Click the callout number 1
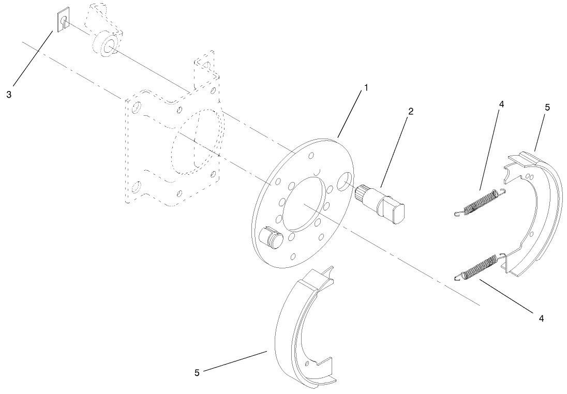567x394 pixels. tap(366, 88)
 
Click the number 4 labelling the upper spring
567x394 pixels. tap(501, 104)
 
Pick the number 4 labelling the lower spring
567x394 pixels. tap(541, 319)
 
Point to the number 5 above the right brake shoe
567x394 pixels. tap(547, 108)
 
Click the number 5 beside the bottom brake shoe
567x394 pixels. tap(197, 372)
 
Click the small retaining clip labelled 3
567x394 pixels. tap(63, 21)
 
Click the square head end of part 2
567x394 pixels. tap(399, 213)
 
